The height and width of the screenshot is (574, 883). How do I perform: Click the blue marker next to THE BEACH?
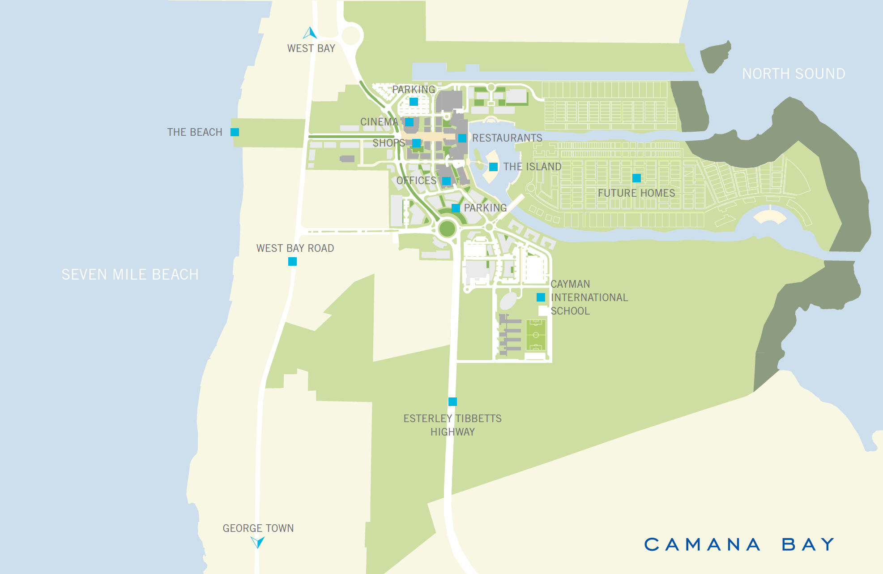tap(235, 132)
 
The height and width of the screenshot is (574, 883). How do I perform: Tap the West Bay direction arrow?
tap(310, 33)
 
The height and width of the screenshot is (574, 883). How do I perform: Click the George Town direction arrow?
tap(257, 542)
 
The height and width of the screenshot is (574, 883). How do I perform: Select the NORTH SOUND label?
tap(793, 74)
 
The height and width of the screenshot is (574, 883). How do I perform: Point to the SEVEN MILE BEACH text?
tap(130, 275)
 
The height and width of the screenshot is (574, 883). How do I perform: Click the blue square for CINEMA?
tap(409, 122)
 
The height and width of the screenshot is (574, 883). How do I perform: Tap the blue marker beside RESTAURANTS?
tap(462, 138)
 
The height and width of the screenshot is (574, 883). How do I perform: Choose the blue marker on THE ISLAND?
tap(493, 167)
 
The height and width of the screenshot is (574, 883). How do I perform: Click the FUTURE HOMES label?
tap(636, 193)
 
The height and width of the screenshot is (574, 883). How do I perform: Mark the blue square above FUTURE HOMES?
tap(636, 178)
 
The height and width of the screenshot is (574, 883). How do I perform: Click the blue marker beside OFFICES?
tap(446, 181)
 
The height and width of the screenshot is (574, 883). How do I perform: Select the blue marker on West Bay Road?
tap(292, 261)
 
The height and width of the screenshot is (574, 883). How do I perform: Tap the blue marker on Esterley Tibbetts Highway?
tap(452, 401)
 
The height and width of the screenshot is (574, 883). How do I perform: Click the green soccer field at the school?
tap(536, 335)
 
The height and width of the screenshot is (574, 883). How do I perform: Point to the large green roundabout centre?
tap(447, 229)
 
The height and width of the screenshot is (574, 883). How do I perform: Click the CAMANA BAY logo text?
tap(739, 544)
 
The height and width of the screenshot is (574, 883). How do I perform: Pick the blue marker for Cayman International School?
tap(541, 297)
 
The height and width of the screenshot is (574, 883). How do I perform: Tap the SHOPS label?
tap(388, 143)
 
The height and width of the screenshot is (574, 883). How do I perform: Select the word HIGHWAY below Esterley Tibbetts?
tap(452, 432)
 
